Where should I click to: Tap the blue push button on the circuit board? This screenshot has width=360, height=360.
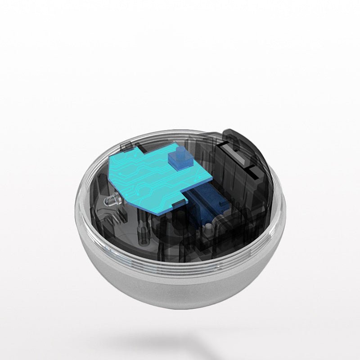click(x=177, y=160)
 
